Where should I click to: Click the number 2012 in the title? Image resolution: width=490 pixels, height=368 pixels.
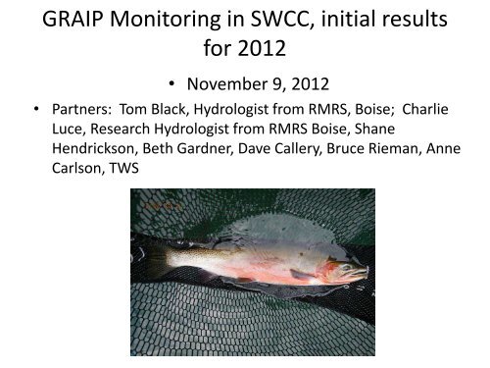262,48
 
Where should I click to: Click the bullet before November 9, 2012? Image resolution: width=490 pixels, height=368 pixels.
171,83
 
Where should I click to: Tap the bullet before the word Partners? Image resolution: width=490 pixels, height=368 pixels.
36,108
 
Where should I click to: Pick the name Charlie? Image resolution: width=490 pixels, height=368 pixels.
425,109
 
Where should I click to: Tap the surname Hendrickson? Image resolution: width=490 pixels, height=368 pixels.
93,148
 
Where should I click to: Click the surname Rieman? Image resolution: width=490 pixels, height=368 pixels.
394,148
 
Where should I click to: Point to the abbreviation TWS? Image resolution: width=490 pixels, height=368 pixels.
124,168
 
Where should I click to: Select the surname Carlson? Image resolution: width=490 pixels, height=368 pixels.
78,168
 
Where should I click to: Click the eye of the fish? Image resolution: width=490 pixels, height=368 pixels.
348,267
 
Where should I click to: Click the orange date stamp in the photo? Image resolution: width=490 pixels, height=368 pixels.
163,206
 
